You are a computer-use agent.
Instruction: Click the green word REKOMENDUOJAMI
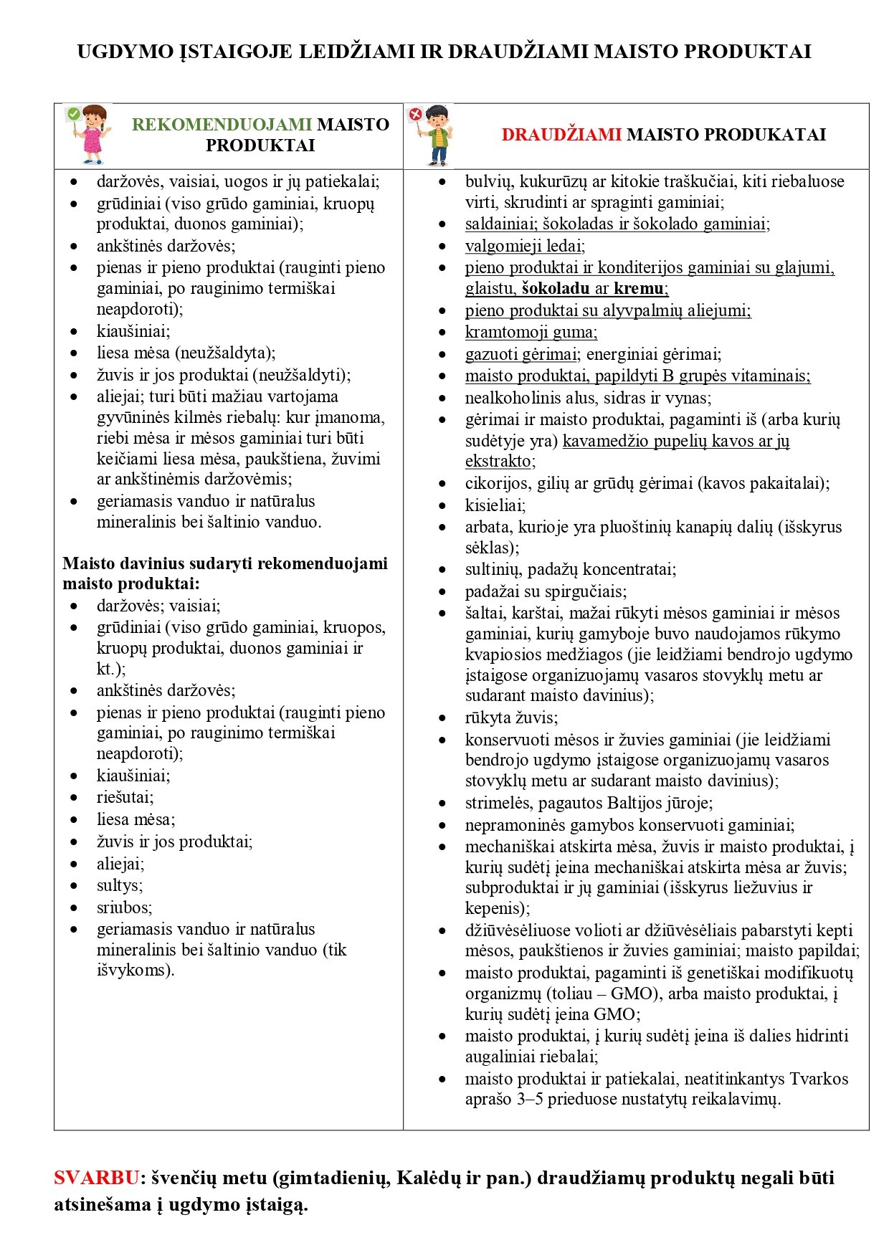222,125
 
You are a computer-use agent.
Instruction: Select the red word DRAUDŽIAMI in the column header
561,135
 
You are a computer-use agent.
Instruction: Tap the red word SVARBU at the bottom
96,1178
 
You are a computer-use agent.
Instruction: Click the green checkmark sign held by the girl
73,113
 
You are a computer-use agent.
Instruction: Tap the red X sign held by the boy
415,114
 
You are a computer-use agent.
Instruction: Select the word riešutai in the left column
125,797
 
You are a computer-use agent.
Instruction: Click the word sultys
119,885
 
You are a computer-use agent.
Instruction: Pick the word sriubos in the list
124,907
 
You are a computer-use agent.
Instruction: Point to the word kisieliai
495,505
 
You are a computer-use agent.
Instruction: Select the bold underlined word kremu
638,289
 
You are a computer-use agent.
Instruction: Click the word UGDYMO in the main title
125,52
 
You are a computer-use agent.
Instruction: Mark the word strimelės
498,803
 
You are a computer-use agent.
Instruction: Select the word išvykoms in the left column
135,971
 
